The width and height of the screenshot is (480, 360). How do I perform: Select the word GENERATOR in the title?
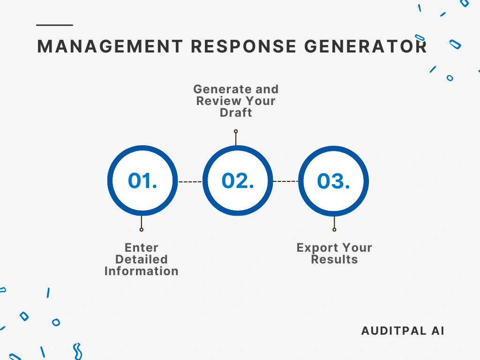click(x=366, y=46)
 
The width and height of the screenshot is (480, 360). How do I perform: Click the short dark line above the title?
click(x=54, y=25)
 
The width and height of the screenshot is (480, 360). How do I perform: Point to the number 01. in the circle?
click(x=142, y=181)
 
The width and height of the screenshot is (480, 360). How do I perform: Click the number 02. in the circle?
click(x=238, y=181)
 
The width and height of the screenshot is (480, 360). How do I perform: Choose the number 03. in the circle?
click(x=333, y=181)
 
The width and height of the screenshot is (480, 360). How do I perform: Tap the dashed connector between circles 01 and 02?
click(x=190, y=181)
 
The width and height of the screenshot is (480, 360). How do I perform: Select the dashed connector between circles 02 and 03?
click(x=285, y=181)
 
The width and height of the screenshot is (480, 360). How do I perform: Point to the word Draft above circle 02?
click(x=236, y=112)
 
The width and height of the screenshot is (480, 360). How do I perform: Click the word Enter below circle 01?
click(x=142, y=247)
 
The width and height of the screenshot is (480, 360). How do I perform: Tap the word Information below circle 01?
click(x=142, y=271)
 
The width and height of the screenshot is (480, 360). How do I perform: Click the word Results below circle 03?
click(x=334, y=259)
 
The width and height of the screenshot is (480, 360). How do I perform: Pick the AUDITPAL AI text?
click(x=403, y=330)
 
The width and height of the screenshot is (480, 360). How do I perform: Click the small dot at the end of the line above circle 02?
click(x=236, y=131)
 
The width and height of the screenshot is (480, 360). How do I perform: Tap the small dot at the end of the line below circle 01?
click(x=142, y=230)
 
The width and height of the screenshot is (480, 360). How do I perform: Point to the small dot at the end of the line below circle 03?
click(x=334, y=230)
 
